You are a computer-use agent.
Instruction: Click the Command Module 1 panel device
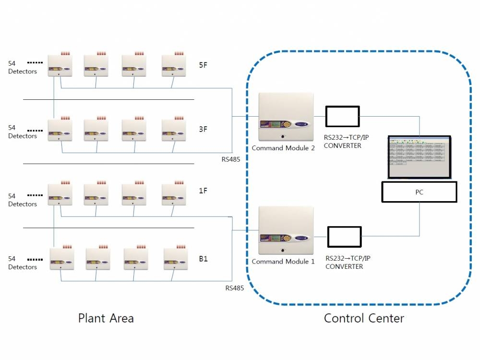pyautogui.click(x=286, y=231)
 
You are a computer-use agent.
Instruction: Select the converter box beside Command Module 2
pyautogui.click(x=342, y=117)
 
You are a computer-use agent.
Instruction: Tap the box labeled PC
pyautogui.click(x=419, y=192)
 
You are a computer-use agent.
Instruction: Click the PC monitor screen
pyautogui.click(x=419, y=156)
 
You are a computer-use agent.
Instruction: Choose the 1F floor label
pyautogui.click(x=203, y=191)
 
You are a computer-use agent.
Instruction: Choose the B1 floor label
pyautogui.click(x=204, y=259)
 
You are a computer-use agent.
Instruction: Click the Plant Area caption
pyautogui.click(x=106, y=318)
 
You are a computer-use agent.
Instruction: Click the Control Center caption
pyautogui.click(x=364, y=318)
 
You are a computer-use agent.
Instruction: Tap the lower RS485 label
pyautogui.click(x=234, y=288)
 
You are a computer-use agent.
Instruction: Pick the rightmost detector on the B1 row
pyautogui.click(x=175, y=259)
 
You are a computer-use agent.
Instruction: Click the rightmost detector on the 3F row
pyautogui.click(x=173, y=130)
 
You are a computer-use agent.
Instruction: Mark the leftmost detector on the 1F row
pyautogui.click(x=60, y=195)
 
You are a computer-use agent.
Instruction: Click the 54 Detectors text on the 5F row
pyautogui.click(x=22, y=67)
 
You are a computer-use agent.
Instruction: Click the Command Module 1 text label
pyautogui.click(x=283, y=262)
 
